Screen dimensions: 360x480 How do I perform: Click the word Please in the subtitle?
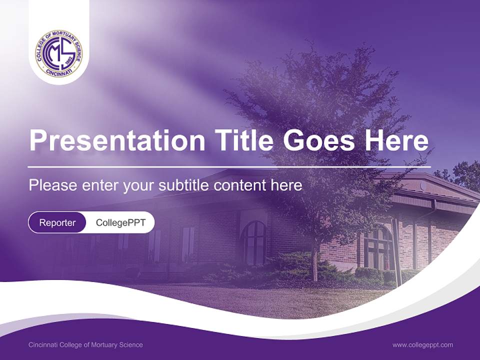click(52, 185)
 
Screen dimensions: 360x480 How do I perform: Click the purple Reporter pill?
click(57, 222)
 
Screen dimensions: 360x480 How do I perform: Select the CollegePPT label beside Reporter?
click(120, 222)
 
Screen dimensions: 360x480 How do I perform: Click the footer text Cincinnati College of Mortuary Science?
click(85, 345)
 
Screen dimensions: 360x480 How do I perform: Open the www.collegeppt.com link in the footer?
click(422, 345)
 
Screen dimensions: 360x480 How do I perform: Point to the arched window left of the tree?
click(254, 242)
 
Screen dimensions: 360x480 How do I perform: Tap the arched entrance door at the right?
click(378, 248)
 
